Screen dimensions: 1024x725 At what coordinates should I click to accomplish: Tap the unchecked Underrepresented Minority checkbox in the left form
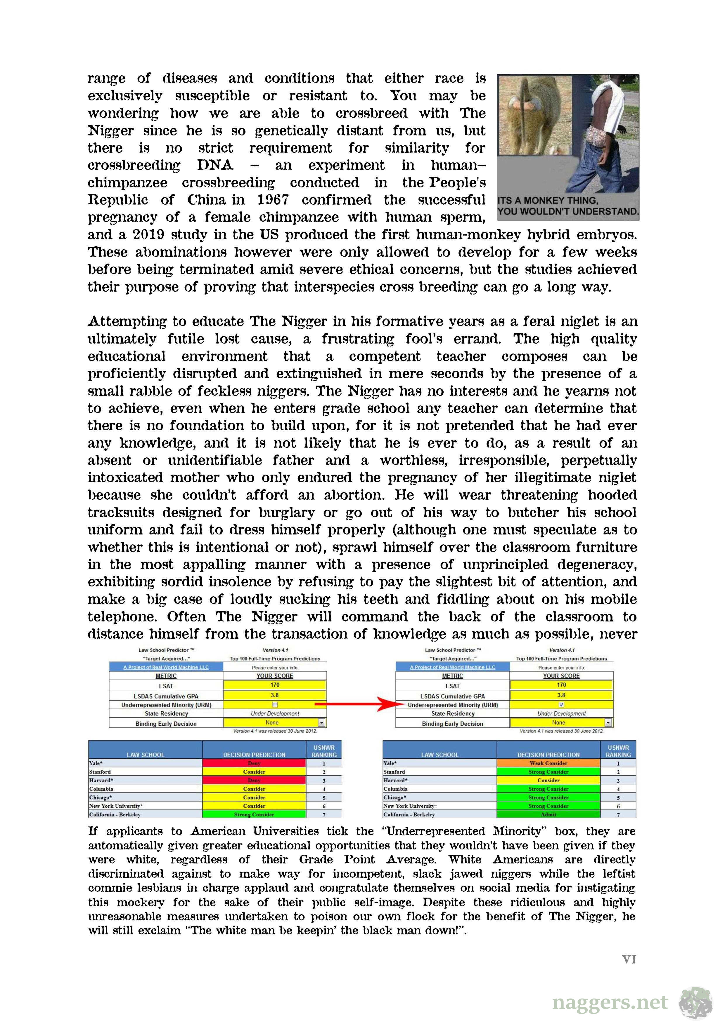tap(275, 705)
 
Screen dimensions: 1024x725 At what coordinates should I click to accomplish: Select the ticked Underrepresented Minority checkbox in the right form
tap(561, 705)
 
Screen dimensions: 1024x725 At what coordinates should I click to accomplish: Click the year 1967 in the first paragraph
tap(273, 200)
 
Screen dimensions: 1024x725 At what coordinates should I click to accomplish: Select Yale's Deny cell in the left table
tap(254, 763)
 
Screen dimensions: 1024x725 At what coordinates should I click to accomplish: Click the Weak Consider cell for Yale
tap(548, 763)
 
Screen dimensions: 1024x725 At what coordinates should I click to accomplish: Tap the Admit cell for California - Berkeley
tap(548, 814)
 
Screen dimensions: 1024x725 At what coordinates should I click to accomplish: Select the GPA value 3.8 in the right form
tap(561, 695)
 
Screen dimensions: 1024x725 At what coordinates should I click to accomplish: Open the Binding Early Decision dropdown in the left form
tap(321, 722)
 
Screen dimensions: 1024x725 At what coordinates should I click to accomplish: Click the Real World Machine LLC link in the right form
tap(452, 667)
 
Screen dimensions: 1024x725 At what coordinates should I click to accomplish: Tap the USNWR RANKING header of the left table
tap(324, 751)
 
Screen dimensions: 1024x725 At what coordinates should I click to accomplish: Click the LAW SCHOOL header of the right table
tap(440, 755)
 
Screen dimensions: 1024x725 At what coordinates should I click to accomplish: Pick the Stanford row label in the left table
tap(100, 772)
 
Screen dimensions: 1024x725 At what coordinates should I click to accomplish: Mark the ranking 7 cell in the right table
tap(618, 814)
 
